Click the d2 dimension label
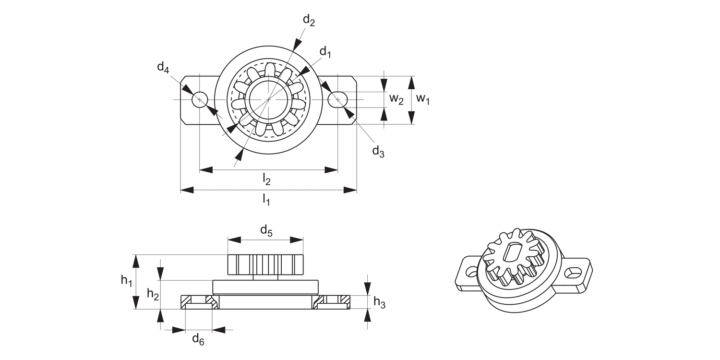click(309, 21)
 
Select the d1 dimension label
click(325, 52)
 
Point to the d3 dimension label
click(378, 151)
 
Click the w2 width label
click(396, 99)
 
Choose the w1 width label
click(423, 99)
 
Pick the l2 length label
click(266, 179)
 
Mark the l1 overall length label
click(266, 199)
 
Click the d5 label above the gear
click(266, 231)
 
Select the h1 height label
click(126, 281)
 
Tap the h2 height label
click(153, 294)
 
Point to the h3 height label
click(379, 302)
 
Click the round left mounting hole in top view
click(200, 100)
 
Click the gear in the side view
click(265, 264)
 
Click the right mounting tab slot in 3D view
click(573, 273)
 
